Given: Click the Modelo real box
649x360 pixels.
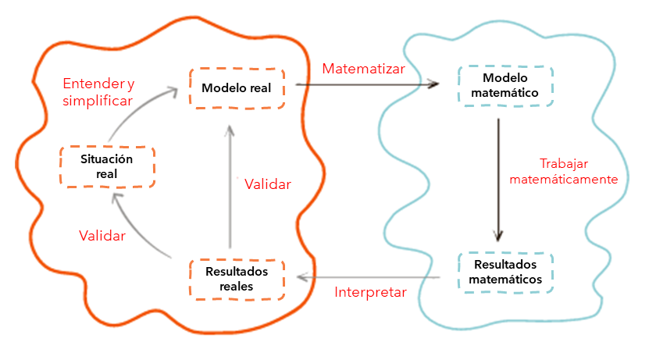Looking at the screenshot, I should [x=237, y=87].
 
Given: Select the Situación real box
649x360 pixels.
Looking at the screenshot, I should [x=106, y=166].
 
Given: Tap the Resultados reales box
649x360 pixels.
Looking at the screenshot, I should [x=237, y=279].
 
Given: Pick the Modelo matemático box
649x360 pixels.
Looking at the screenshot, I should [x=505, y=85].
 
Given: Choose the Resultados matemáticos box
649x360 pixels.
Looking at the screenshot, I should [x=505, y=272].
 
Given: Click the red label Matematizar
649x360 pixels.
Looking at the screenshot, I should [x=363, y=69].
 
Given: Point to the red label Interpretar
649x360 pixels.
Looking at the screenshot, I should [x=370, y=293].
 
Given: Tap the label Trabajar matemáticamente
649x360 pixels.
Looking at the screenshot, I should [x=563, y=172].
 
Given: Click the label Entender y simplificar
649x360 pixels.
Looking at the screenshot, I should [x=98, y=91].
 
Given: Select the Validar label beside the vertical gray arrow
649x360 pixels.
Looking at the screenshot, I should [x=267, y=185].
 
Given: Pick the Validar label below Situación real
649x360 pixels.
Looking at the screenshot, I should [x=102, y=236].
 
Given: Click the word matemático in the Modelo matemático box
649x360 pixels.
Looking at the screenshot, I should [x=505, y=92].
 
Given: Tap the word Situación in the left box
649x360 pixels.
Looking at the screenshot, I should [x=107, y=159].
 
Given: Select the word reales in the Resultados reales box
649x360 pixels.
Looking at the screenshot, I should [x=237, y=286].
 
